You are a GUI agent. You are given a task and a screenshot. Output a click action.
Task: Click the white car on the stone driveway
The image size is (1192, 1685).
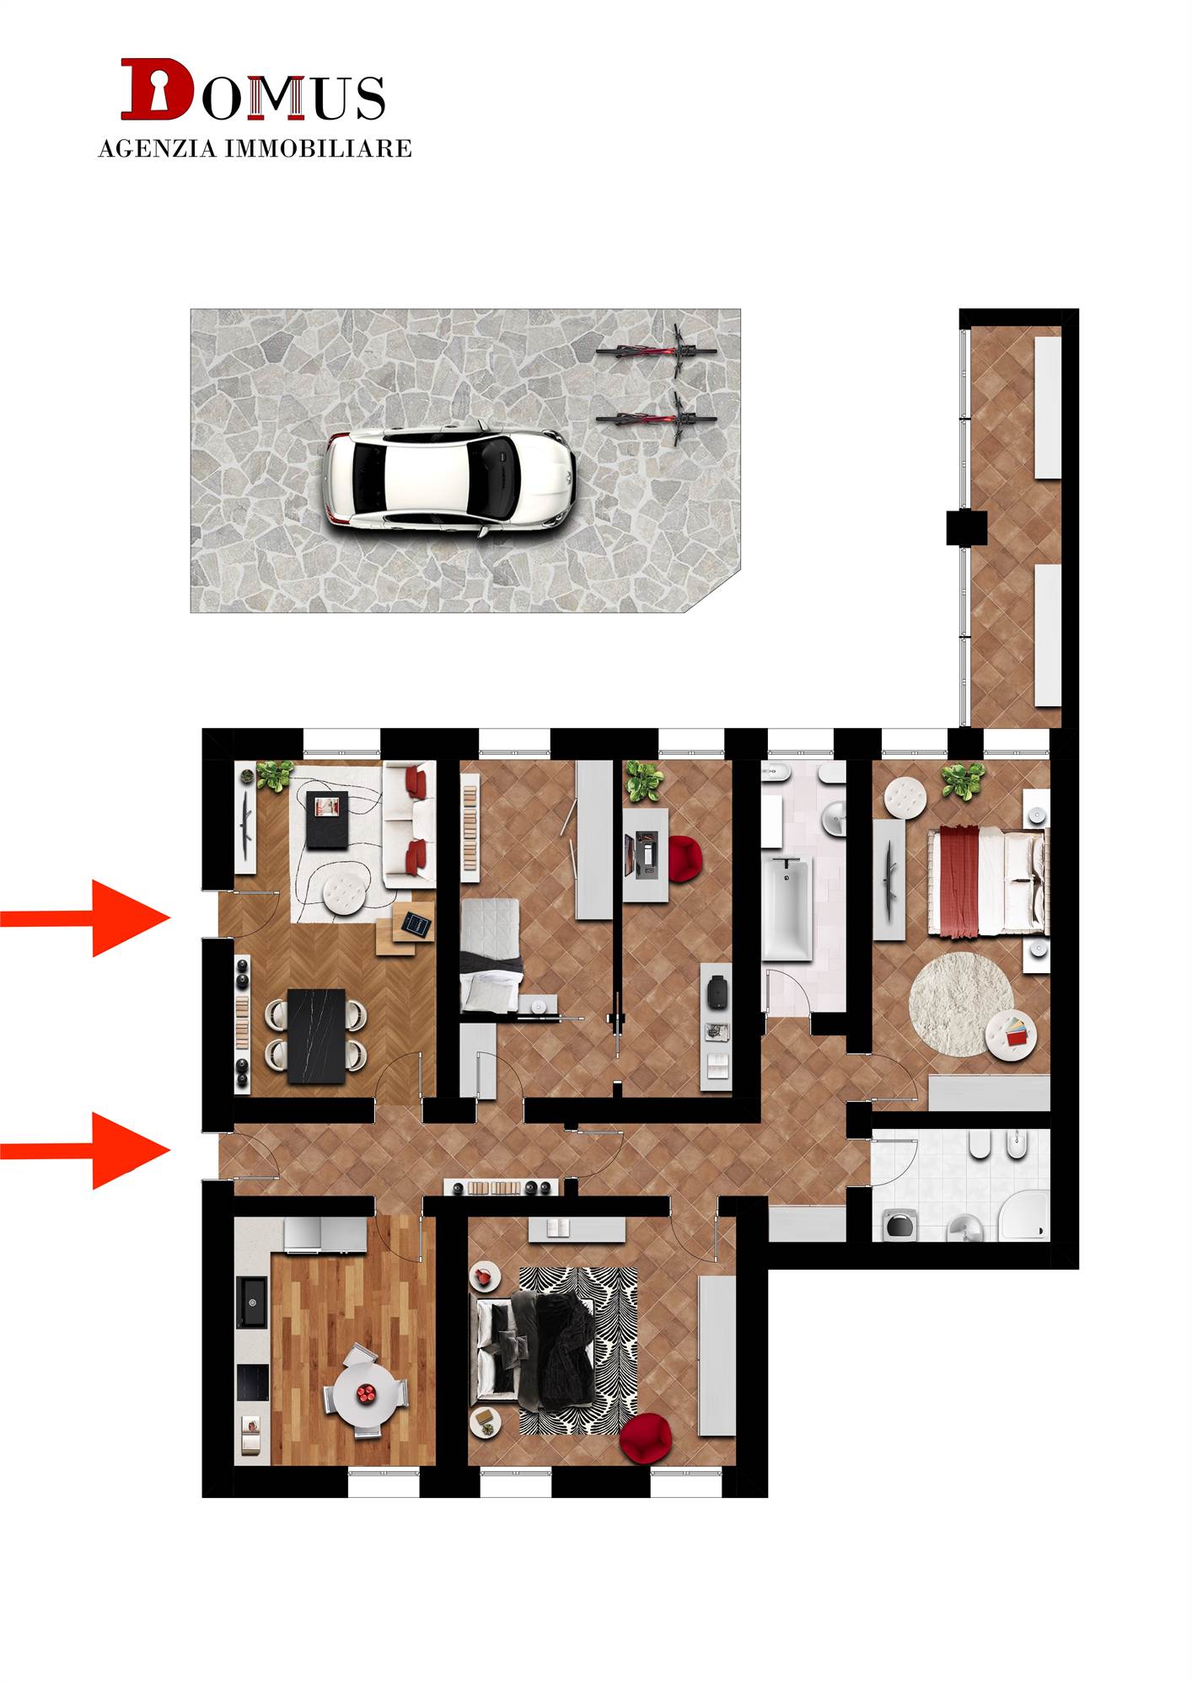451,479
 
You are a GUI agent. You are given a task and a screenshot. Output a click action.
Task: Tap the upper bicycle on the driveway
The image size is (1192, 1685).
657,351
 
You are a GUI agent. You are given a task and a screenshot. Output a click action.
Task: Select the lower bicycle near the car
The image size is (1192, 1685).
657,419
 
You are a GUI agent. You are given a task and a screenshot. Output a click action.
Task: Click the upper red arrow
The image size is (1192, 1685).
85,918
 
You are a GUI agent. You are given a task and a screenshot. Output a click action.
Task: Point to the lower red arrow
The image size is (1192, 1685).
85,1150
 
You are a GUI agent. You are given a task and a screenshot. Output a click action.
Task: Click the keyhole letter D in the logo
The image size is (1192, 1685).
157,88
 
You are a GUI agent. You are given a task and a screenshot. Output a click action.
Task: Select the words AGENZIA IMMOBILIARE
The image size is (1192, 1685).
255,149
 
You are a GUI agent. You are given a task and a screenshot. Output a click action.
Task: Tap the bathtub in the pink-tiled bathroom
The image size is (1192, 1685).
787,909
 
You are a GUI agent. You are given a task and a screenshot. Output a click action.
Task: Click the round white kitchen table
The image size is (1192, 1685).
365,1392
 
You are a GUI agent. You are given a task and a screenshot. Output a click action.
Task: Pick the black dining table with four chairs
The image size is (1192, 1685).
316,1036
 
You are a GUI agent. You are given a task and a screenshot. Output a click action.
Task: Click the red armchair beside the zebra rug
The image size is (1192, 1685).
646,1439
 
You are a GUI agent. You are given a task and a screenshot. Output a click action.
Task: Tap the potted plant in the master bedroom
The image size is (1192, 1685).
963,781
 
